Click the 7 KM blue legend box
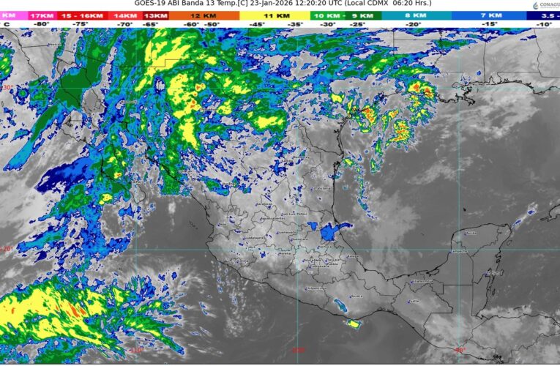click(x=490, y=15)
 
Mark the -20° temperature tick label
click(x=414, y=24)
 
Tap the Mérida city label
click(x=471, y=233)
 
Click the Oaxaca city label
click(x=356, y=296)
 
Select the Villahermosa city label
click(x=424, y=280)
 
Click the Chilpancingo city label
click(x=313, y=287)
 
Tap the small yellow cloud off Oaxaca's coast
click(x=354, y=323)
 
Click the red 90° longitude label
click(x=460, y=350)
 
